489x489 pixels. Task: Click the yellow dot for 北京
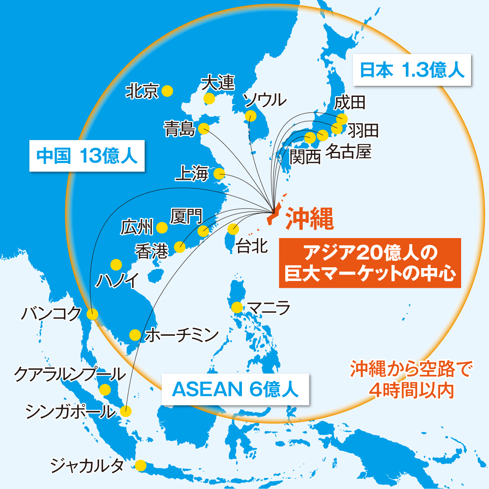tap(167, 91)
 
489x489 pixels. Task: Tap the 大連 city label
tap(219, 82)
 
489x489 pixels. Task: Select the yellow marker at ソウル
tap(250, 116)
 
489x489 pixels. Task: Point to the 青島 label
tap(179, 129)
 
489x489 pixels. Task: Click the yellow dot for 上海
tap(219, 174)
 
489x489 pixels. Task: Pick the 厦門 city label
tap(186, 217)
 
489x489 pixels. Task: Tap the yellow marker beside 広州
tap(162, 228)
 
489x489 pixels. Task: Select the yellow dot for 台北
tap(233, 229)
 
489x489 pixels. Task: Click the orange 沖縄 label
tap(310, 219)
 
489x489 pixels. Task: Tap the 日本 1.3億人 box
tap(412, 70)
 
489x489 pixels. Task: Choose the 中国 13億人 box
tap(87, 156)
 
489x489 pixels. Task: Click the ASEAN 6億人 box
tap(235, 389)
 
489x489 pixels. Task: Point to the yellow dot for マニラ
tap(236, 308)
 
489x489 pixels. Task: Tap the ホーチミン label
tap(182, 335)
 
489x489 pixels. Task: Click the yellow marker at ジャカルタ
tap(140, 465)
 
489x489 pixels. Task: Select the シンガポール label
tap(70, 412)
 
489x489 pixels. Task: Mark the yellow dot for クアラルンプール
tap(104, 390)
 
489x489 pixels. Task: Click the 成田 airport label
tap(350, 103)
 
